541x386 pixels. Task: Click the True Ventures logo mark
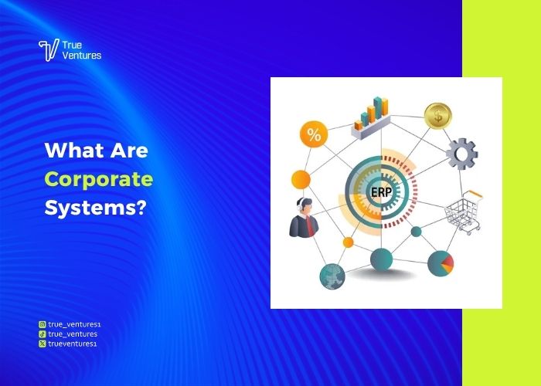(49, 50)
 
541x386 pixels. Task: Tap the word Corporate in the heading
(99, 180)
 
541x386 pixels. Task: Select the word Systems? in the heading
(96, 208)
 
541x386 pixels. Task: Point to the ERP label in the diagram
(381, 192)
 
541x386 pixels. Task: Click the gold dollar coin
(438, 116)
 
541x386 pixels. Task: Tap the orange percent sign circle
(314, 134)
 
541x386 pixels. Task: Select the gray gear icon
(461, 154)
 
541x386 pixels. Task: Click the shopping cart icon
(464, 212)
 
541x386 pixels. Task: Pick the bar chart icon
(371, 118)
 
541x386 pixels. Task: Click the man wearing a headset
(304, 218)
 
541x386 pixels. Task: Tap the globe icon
(332, 276)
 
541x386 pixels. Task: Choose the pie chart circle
(441, 264)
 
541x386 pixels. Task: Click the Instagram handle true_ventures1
(74, 324)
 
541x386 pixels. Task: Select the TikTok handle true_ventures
(73, 334)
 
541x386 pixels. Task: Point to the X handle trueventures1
(73, 344)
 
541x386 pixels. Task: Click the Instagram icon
(42, 324)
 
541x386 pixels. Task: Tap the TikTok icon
(42, 334)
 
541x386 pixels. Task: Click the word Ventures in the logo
(82, 56)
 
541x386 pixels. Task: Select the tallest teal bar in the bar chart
(378, 107)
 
